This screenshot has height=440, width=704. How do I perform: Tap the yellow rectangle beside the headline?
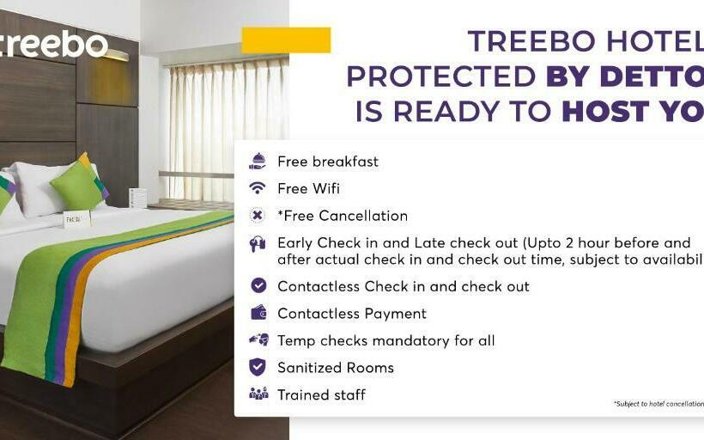click(x=286, y=40)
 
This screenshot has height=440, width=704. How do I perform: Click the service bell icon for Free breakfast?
click(x=258, y=161)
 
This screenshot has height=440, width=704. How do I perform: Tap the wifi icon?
click(x=258, y=188)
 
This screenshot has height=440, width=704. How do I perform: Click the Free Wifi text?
click(x=308, y=188)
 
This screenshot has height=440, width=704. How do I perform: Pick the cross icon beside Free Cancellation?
click(x=258, y=216)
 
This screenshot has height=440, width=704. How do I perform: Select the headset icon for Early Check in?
click(x=258, y=244)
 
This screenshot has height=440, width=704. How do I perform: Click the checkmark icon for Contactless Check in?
click(x=258, y=286)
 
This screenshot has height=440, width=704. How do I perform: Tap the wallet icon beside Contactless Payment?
click(x=258, y=313)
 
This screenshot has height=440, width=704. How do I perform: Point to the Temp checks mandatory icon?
click(x=258, y=340)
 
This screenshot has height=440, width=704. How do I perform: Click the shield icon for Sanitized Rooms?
click(x=258, y=367)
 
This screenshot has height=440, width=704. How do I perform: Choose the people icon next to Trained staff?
click(x=258, y=394)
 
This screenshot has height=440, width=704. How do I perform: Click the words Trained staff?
click(x=321, y=394)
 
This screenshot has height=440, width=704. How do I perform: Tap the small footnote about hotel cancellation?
click(x=658, y=403)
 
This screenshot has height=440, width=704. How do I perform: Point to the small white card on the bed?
click(x=76, y=218)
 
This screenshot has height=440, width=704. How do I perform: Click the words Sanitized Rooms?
click(x=335, y=367)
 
